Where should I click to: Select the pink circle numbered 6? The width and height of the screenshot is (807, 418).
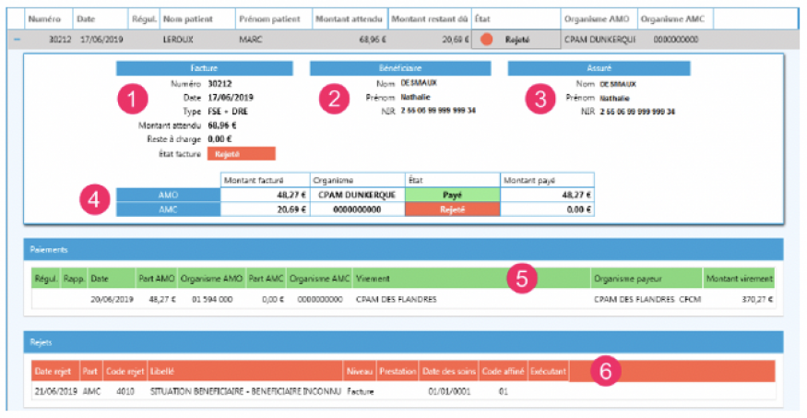(x=605, y=370)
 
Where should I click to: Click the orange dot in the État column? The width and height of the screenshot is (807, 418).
(x=486, y=40)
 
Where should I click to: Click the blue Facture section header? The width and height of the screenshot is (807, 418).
(x=204, y=68)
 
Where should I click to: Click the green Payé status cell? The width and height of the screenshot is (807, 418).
(x=452, y=195)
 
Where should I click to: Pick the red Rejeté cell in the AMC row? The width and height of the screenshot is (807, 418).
(x=452, y=209)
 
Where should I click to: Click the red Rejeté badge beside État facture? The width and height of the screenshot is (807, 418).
(x=242, y=154)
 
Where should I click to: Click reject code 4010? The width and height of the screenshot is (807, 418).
(x=123, y=391)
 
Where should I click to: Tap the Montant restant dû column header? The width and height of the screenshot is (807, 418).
(x=429, y=18)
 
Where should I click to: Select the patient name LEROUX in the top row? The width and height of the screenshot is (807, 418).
(x=178, y=40)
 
